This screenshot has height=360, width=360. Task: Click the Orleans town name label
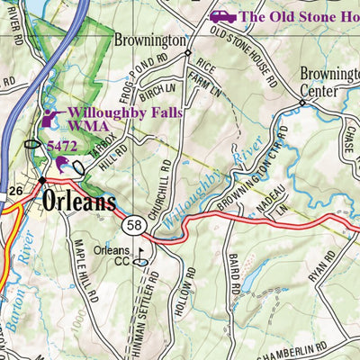pos(79,202)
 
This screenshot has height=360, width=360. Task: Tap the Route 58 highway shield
pos(135,223)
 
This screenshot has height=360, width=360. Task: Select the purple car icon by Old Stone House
pos(223,16)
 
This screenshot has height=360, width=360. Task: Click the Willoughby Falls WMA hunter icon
pos(50,118)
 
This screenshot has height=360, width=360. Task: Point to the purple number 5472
pos(62,144)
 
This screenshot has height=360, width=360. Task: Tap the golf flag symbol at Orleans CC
pos(140,254)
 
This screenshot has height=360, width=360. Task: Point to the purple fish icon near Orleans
pos(62,164)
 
